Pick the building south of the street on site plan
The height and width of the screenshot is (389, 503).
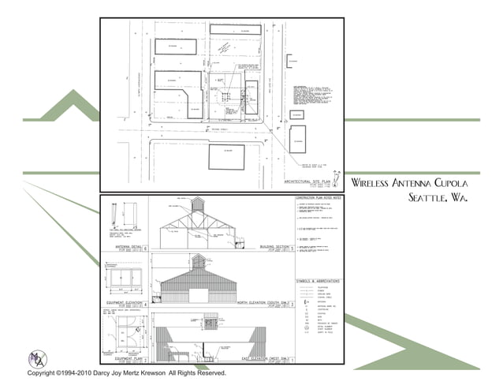[226, 156]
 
